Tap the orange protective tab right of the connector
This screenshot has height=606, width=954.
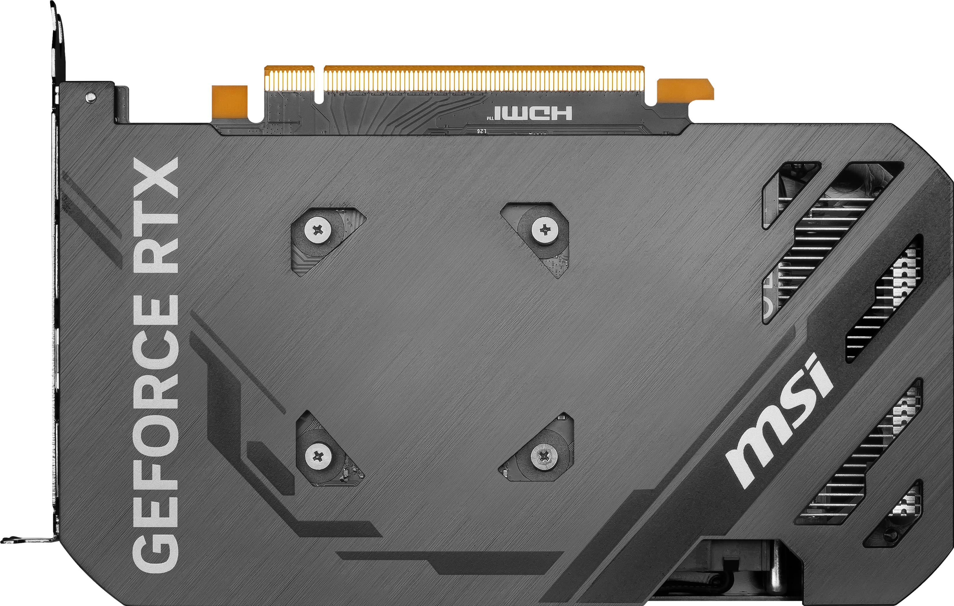pyautogui.click(x=685, y=89)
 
